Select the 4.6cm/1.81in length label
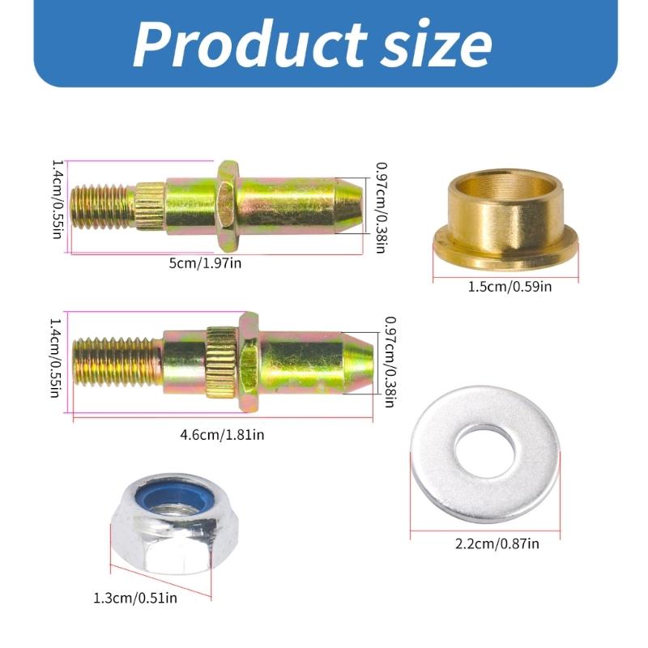[x=222, y=434]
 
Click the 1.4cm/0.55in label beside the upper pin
[x=58, y=205]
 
